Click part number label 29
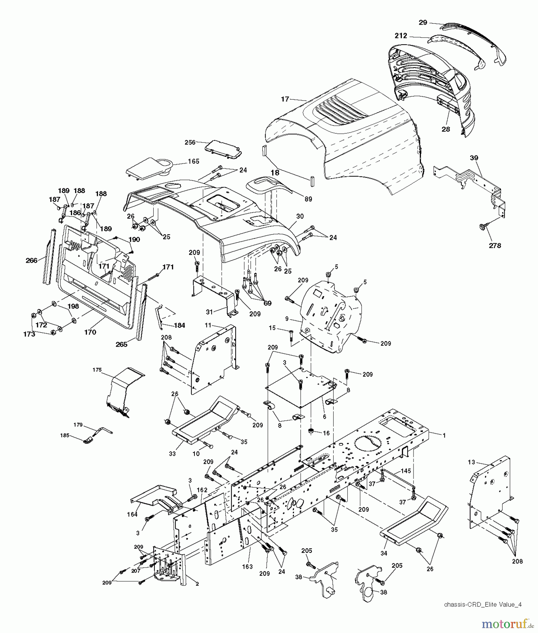423,23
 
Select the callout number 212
401,36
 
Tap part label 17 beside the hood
285,99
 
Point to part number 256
190,142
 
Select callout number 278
495,245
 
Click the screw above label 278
483,227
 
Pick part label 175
97,370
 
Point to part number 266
32,261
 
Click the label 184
179,325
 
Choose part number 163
247,567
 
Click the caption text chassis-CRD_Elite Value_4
482,605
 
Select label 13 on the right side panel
471,461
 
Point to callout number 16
326,433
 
